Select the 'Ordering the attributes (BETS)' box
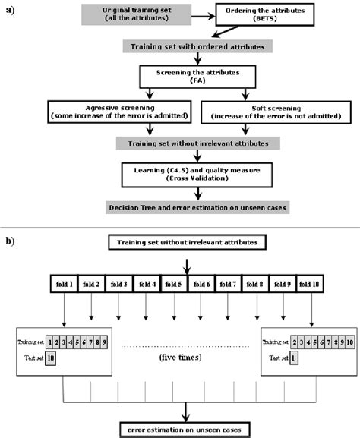[258, 16]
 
